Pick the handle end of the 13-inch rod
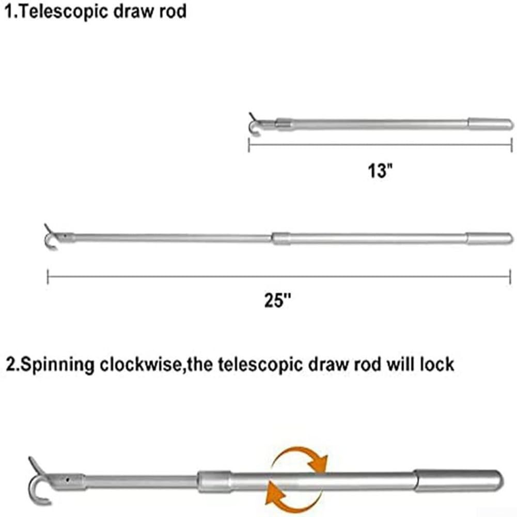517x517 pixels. (490, 124)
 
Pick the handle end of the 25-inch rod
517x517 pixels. (490, 238)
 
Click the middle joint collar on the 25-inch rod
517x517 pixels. (281, 238)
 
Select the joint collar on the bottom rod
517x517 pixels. (214, 481)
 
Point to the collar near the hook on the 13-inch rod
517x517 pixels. (284, 124)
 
